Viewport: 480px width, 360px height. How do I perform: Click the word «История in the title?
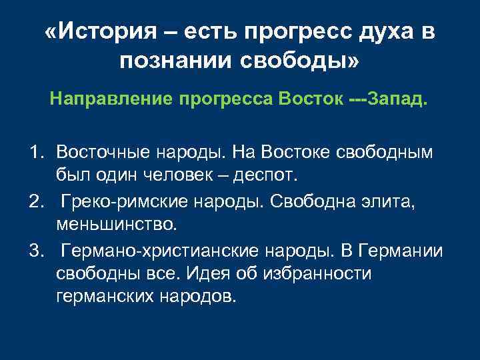tap(95, 33)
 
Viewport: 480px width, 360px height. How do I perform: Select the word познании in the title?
tap(165, 62)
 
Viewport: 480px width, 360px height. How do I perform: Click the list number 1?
tap(35, 153)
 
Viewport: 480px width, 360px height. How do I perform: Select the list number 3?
tap(35, 250)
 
